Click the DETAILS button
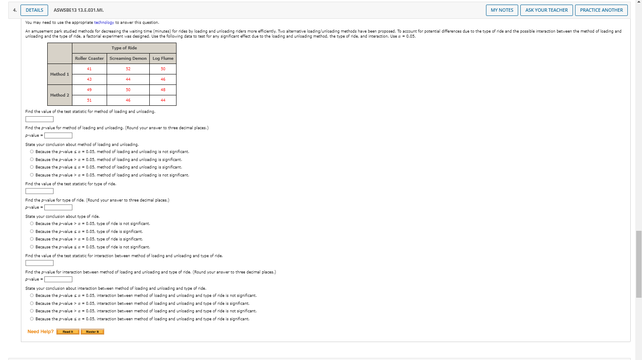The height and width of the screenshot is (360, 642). (34, 10)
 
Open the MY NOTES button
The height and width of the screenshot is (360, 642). (502, 10)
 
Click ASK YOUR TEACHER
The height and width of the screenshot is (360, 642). (547, 10)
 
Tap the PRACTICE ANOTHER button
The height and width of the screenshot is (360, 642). (601, 10)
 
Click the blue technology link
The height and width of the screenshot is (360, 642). (104, 23)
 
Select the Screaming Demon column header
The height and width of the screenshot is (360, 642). (128, 59)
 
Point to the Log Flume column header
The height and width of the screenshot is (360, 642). (163, 59)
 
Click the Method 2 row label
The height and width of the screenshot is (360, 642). (60, 95)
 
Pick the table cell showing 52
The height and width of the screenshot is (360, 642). (128, 69)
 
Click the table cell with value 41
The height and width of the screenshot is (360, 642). (89, 69)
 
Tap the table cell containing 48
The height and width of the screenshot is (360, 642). (163, 90)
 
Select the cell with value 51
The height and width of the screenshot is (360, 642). (89, 100)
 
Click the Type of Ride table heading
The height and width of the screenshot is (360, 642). (124, 48)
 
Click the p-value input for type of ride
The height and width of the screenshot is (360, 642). (59, 207)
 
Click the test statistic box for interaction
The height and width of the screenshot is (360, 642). (39, 263)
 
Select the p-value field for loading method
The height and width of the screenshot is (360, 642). (59, 135)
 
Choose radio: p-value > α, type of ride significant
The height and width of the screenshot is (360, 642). (32, 239)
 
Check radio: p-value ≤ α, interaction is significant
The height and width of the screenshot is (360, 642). (32, 319)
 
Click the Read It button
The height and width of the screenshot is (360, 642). (68, 332)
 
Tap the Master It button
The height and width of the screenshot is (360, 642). (92, 332)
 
